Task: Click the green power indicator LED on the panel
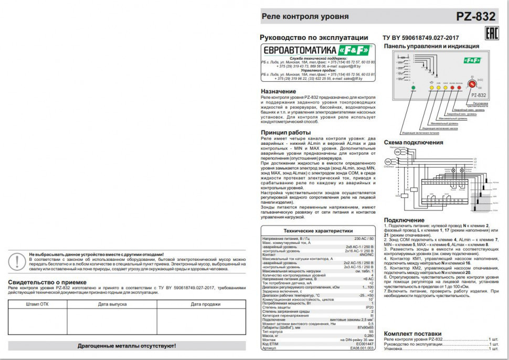412,88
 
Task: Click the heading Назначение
278,91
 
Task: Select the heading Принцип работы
285,132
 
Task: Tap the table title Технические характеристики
318,230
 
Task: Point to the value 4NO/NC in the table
366,254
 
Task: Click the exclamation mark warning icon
19,260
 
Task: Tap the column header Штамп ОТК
37,304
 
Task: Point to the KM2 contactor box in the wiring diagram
404,195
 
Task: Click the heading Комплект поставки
412,334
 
